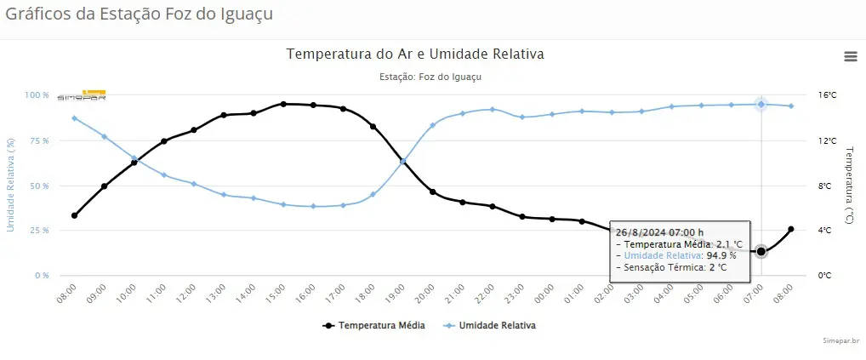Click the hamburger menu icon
pos(850,56)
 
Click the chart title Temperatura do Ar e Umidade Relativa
pos(415,54)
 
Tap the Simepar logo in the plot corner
pos(82,95)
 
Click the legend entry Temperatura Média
pos(373,325)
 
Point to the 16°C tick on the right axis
pos(827,95)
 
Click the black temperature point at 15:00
pos(283,104)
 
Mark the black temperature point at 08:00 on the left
pos(74,215)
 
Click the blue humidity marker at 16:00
pos(313,206)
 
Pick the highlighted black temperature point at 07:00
pos(761,251)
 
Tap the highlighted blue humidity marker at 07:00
pos(761,105)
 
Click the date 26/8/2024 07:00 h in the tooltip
pos(659,231)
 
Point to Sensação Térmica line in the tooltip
pos(671,266)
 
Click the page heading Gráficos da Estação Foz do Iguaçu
pos(140,14)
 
